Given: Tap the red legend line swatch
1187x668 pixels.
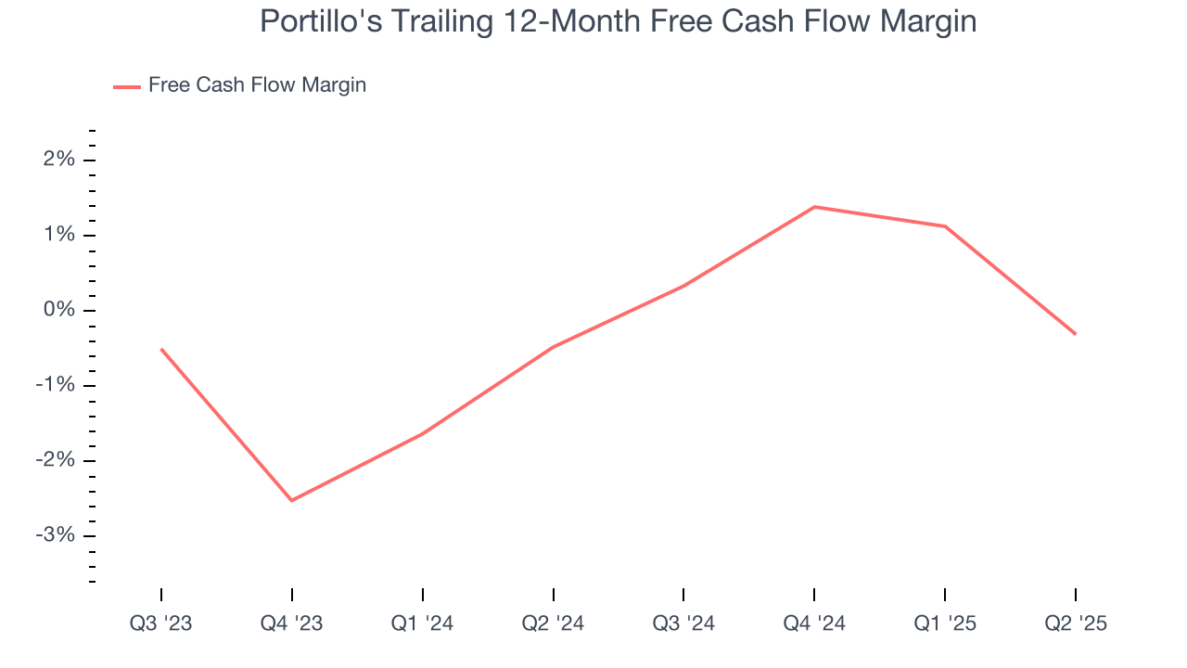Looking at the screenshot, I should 126,86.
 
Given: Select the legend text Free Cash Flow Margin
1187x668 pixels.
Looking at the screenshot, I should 257,85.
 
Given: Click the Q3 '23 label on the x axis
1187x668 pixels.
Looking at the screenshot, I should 161,623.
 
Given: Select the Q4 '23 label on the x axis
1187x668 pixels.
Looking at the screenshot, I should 292,623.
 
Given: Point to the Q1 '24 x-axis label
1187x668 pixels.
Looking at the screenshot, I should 423,623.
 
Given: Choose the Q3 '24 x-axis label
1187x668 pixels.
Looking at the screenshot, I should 683,623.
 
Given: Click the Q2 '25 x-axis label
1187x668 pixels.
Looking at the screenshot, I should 1076,623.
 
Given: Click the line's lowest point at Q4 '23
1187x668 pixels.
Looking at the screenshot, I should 292,500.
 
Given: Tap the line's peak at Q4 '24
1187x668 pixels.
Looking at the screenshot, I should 814,207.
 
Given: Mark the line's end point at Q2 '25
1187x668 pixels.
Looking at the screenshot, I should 1076,334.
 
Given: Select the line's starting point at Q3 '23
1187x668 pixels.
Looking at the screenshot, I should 161,349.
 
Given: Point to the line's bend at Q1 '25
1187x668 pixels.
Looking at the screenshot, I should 945,226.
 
